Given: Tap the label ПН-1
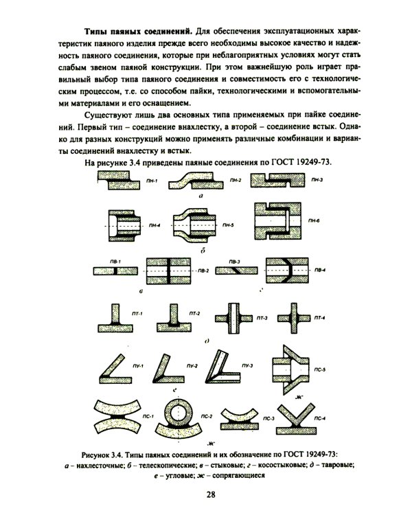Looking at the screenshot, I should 152,181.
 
